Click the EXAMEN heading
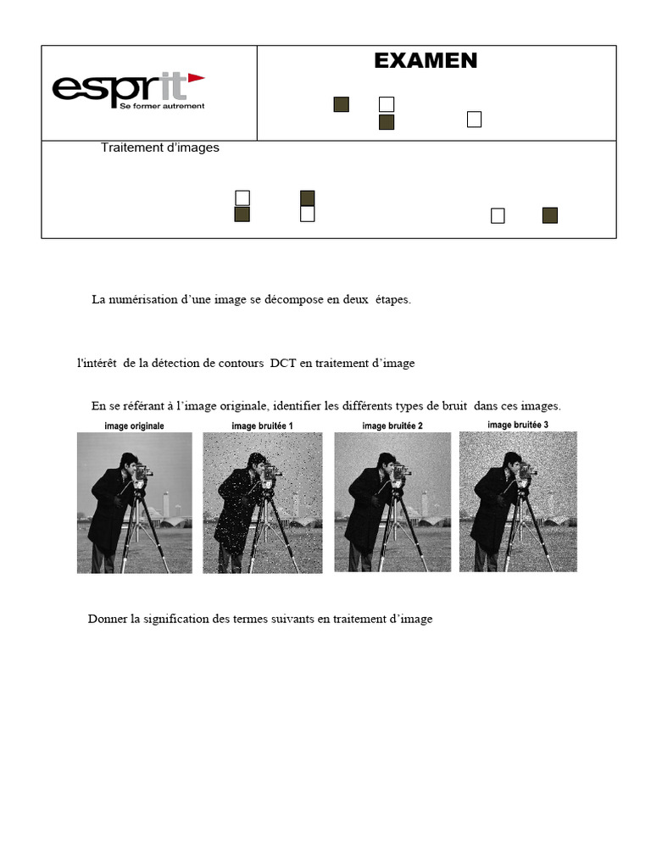pyautogui.click(x=426, y=61)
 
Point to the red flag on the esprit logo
pyautogui.click(x=196, y=78)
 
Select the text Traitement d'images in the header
pyautogui.click(x=159, y=147)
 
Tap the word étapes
pyautogui.click(x=390, y=300)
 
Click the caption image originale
pyautogui.click(x=134, y=426)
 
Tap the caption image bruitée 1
pyautogui.click(x=262, y=426)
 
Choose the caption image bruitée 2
pyautogui.click(x=392, y=426)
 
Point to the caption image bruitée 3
pyautogui.click(x=518, y=425)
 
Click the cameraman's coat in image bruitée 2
pyautogui.click(x=365, y=509)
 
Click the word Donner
pyautogui.click(x=107, y=619)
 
